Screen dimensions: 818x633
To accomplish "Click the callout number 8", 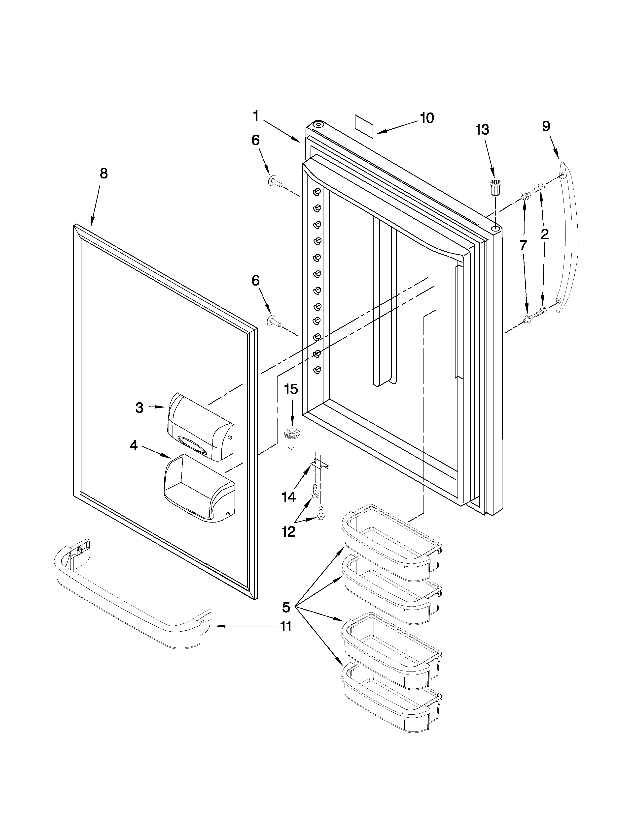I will [x=104, y=174].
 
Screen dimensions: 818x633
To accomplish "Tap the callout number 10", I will [x=427, y=118].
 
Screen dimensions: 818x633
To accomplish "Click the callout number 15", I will [x=291, y=389].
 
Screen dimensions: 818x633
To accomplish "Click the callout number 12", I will [x=288, y=531].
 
